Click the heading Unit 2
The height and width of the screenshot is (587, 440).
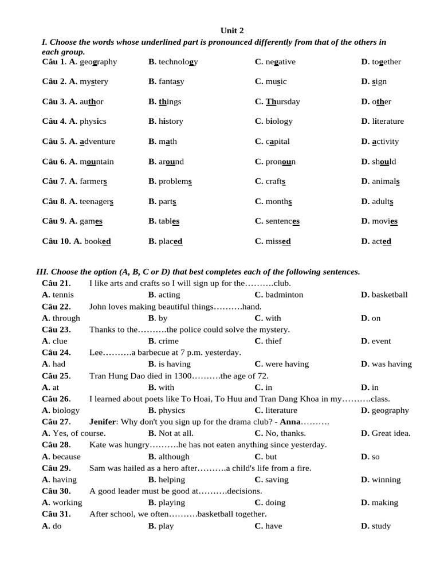pos(232,30)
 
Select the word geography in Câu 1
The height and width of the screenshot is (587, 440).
pos(98,62)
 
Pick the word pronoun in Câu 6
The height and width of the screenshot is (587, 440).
pos(280,162)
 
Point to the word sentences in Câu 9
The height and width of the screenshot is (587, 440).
pos(282,221)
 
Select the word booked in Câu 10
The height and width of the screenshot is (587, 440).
pos(97,241)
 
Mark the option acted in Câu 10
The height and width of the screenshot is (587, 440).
pos(382,241)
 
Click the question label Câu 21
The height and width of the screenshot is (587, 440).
pos(56,283)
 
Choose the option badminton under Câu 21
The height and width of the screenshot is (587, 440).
pos(284,295)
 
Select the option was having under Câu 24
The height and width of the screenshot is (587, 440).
pos(391,364)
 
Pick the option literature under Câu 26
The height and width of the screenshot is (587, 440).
pos(281,410)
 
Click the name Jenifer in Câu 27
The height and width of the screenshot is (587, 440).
pos(103,422)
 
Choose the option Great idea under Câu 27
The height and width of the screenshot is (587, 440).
pos(391,433)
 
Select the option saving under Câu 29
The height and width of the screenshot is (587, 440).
pos(277,480)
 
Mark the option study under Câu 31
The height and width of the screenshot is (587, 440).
pos(381,526)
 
